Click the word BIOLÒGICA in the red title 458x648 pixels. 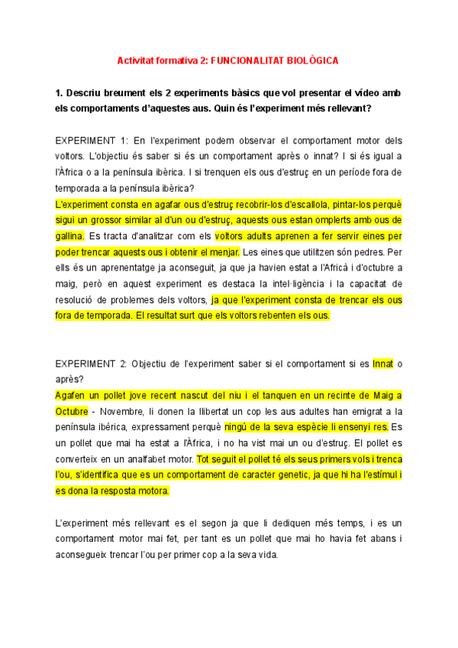(313, 59)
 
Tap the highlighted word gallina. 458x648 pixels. (70, 237)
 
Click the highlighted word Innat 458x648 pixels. (382, 364)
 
